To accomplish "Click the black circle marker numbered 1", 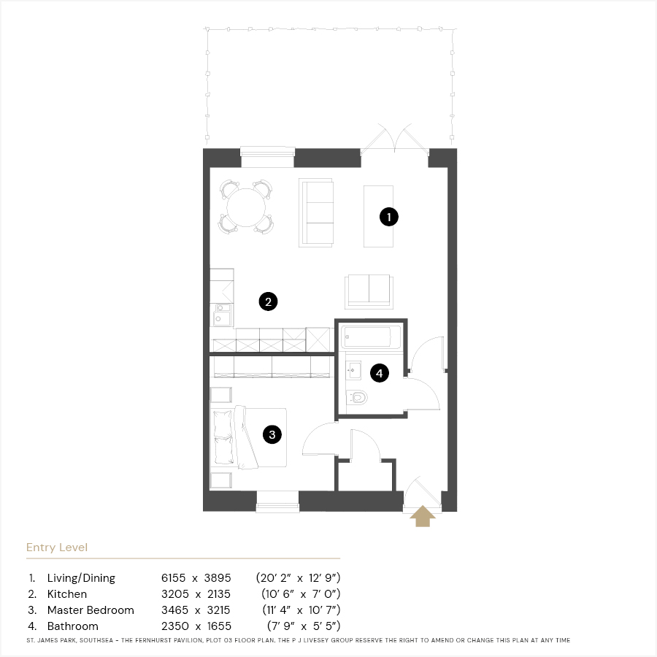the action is click(x=389, y=217).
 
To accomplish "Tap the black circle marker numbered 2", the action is click(x=268, y=301).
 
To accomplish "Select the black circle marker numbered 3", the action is click(x=272, y=434).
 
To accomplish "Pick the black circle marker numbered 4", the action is click(x=380, y=373).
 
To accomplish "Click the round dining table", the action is click(x=246, y=207).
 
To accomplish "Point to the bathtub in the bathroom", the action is click(x=372, y=337).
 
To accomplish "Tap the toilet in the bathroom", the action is click(x=356, y=397).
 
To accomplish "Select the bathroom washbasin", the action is click(x=353, y=370).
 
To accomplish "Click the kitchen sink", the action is click(x=222, y=315).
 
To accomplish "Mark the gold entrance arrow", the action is click(x=423, y=516).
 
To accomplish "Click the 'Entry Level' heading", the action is click(x=57, y=547).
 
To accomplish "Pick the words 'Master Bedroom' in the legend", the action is click(x=91, y=610).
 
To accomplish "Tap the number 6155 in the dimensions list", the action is click(x=174, y=578).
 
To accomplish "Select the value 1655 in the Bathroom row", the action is click(x=219, y=626).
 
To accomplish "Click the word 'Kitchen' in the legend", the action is click(x=67, y=594).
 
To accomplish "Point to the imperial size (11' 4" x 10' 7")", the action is click(x=301, y=610).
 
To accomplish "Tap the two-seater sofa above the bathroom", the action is click(x=369, y=291).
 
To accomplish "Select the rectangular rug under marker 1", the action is click(x=378, y=216).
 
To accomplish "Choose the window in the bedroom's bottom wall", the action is click(x=278, y=502).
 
